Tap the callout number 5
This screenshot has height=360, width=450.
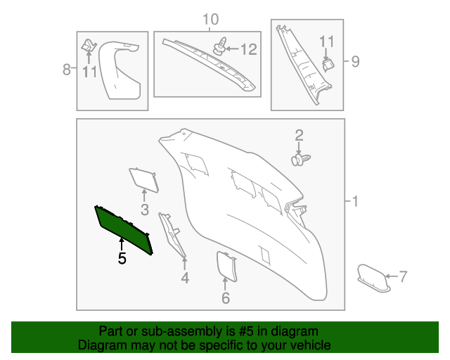[x=122, y=259]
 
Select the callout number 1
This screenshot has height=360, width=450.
[x=355, y=202]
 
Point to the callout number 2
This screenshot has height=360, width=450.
[x=299, y=135]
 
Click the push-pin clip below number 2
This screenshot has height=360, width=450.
[x=300, y=160]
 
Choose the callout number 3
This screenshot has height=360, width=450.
[x=144, y=210]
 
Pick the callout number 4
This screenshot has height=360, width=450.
[x=185, y=278]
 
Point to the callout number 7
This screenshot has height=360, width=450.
[x=403, y=276]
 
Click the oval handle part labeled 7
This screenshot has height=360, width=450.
[x=373, y=278]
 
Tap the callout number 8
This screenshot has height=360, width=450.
[x=67, y=70]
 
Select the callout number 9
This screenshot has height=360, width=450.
[x=355, y=62]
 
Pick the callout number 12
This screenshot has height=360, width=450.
[x=249, y=49]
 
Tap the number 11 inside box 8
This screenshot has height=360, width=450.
[x=88, y=71]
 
